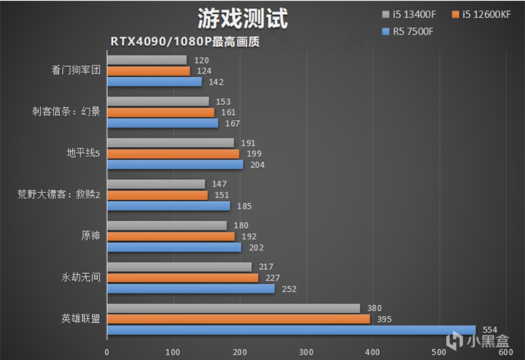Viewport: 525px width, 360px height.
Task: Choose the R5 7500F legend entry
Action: pos(407,31)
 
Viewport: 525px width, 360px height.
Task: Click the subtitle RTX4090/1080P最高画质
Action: pos(184,42)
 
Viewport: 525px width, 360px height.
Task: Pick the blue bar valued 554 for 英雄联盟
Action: pos(291,329)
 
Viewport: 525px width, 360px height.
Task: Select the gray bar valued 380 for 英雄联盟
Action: pos(233,308)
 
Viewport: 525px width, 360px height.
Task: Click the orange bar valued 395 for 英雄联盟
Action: pos(238,319)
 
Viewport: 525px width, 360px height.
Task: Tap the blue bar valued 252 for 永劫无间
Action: pos(190,288)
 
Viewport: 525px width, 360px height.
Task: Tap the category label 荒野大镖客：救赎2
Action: pos(58,195)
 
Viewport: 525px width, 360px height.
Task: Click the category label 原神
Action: pos(89,236)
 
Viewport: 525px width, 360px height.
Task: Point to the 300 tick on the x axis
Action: pos(306,352)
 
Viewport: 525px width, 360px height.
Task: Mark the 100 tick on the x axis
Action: pos(173,352)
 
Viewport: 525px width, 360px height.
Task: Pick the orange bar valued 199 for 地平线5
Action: pos(173,154)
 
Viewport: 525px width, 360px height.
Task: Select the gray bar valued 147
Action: pos(156,184)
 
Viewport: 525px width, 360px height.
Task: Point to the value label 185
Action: pos(244,205)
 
